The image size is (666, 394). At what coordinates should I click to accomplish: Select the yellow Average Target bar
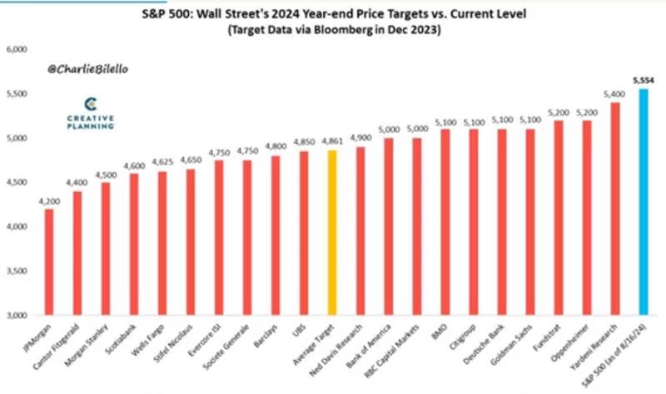[332, 233]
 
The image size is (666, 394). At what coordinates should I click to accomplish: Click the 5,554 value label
[643, 81]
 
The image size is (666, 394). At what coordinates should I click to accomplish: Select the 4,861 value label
[332, 141]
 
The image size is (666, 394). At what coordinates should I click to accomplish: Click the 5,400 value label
[614, 94]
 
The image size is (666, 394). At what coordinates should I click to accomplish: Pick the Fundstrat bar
[558, 218]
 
